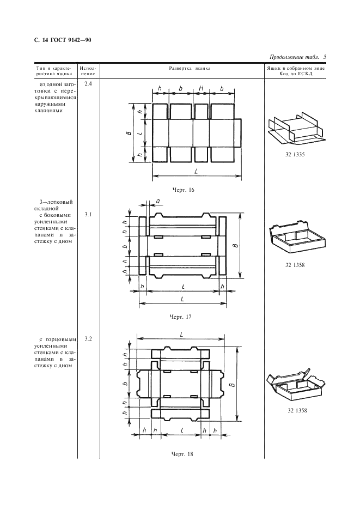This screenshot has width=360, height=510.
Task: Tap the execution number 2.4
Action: click(88, 84)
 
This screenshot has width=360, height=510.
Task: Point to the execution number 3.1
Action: click(88, 215)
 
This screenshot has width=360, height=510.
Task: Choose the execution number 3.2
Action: click(88, 339)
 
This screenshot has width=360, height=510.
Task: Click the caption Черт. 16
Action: click(182, 190)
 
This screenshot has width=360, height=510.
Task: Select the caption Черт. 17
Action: click(181, 316)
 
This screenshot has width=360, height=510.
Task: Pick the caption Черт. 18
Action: click(182, 453)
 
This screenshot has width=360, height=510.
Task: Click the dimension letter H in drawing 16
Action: click(201, 89)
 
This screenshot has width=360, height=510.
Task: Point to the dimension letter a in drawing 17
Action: click(158, 201)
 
